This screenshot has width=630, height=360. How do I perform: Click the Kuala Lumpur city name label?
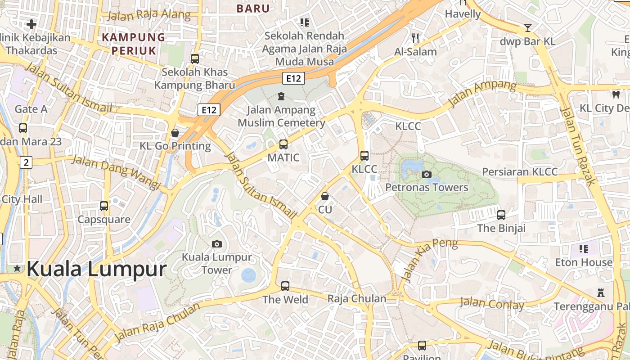96,269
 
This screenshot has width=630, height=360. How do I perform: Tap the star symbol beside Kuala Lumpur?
17,269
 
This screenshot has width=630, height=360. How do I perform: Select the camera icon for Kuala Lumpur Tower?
217,244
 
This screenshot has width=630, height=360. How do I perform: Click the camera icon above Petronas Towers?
427,174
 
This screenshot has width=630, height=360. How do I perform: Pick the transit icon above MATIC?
283,144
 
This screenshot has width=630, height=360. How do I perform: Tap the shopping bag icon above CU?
325,196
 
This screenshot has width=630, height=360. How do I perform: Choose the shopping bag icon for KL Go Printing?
175,133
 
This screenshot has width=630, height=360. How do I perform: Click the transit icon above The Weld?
285,286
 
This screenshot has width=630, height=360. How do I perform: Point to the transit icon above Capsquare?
104,206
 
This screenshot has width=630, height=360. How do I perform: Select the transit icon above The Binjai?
501,215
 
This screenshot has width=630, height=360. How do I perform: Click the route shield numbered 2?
26,162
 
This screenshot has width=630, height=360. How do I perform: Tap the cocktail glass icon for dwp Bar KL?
528,28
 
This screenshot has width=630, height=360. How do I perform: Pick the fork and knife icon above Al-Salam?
415,38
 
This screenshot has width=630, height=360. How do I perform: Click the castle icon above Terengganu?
600,292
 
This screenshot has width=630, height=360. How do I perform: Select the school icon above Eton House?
584,248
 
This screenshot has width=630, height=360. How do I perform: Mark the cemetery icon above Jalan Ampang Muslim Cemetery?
281,96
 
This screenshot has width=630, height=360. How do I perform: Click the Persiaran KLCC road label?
520,171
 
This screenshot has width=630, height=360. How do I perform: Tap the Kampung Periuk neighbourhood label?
133,44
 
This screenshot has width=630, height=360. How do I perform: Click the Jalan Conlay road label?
492,304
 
